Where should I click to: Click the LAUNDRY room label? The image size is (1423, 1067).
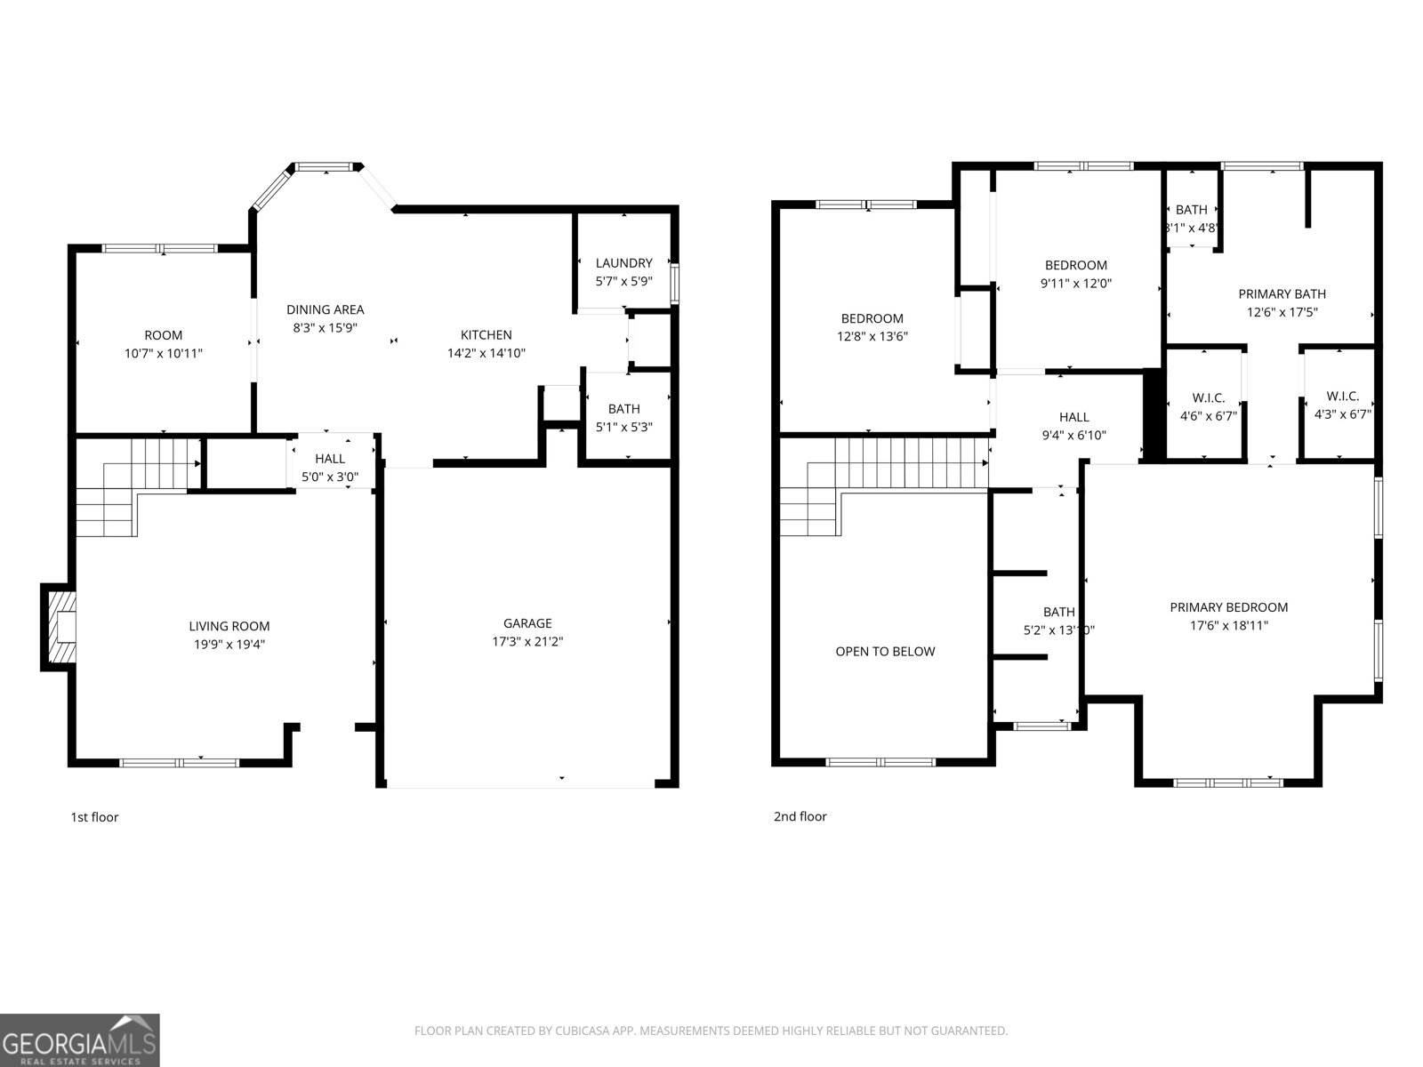point(623,263)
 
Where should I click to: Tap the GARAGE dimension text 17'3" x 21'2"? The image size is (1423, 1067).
point(527,641)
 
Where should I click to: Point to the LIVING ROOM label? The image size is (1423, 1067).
point(229,627)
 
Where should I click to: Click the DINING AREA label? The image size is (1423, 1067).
point(325,309)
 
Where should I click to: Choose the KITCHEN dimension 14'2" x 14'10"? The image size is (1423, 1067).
point(486,353)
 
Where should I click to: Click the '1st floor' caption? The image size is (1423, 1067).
point(94,817)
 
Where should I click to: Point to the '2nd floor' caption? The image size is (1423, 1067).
point(800,817)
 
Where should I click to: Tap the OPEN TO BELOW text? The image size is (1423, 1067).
point(885,652)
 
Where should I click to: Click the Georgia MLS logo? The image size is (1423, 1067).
point(80,1040)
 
